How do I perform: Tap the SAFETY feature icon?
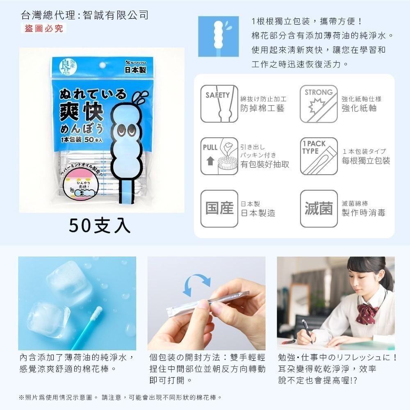219,104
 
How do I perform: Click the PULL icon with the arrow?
219,156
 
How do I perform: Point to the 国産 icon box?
219,209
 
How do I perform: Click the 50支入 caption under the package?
100,225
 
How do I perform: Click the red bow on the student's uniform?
366,313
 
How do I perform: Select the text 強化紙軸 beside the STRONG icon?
359,108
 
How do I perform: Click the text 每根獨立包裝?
366,161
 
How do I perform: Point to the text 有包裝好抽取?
265,164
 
